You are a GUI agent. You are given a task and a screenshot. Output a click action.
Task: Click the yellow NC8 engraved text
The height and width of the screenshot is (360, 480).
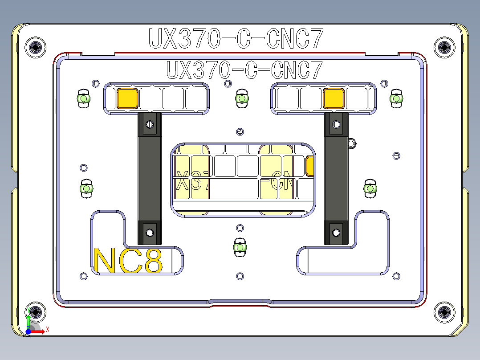[x=128, y=261]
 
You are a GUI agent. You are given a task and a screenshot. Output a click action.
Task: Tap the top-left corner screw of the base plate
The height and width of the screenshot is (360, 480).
[x=36, y=47]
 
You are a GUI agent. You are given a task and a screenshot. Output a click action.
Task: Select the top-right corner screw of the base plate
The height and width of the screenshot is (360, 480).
[x=444, y=47]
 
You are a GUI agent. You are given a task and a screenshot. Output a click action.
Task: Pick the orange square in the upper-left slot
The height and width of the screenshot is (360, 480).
[x=127, y=98]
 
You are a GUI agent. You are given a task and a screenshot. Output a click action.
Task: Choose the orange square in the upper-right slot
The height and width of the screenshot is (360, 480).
[x=334, y=98]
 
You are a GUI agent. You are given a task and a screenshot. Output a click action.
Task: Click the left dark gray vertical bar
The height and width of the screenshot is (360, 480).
[x=149, y=178]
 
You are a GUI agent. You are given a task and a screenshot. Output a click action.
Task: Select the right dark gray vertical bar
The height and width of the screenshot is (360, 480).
[x=336, y=178]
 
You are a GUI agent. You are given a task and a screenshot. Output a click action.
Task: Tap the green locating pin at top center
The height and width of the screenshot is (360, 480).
[x=242, y=98]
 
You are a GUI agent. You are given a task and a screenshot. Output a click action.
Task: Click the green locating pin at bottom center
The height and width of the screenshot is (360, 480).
[x=240, y=247]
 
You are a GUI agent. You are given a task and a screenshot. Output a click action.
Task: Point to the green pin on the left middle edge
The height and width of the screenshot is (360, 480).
[x=85, y=188]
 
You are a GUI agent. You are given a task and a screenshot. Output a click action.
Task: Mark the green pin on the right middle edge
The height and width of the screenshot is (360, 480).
[x=370, y=188]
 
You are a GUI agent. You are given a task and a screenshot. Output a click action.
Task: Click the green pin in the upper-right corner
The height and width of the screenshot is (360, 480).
[x=396, y=98]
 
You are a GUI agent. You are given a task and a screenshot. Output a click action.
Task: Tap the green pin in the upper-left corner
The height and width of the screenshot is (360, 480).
[x=83, y=98]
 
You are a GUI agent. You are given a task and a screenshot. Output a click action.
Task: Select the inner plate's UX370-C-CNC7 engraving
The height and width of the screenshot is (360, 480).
[x=244, y=70]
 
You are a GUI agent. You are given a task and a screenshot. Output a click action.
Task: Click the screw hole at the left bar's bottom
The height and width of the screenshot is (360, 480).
[x=150, y=232]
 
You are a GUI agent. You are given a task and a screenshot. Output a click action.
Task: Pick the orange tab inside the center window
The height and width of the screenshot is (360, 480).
[x=310, y=167]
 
